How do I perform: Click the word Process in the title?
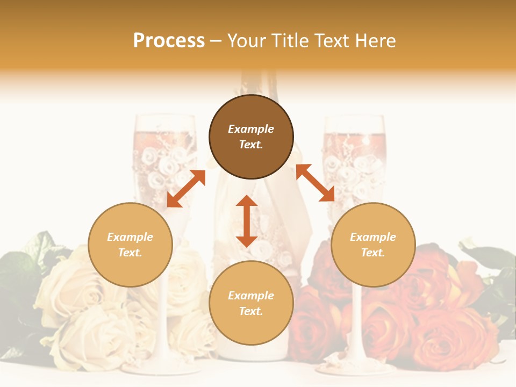169,41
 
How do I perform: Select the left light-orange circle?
130,245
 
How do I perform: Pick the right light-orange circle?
373,245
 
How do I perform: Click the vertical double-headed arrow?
247,221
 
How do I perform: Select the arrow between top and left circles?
186,189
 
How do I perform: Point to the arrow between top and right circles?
315,183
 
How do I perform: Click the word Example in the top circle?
251,129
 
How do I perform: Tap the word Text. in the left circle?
130,253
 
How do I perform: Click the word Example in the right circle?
373,237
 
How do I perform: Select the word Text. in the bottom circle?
251,311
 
